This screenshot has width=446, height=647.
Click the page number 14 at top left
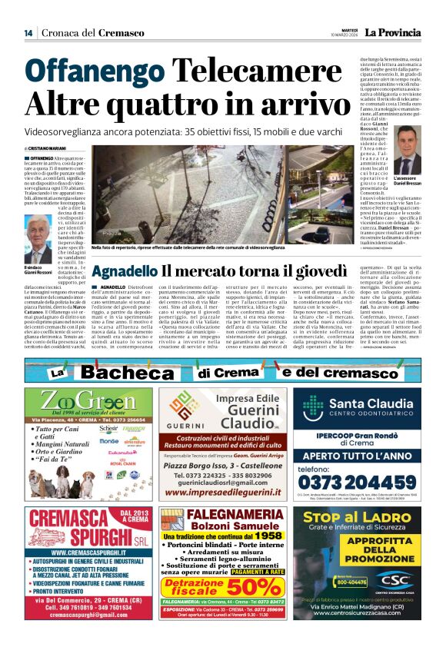[28, 33]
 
